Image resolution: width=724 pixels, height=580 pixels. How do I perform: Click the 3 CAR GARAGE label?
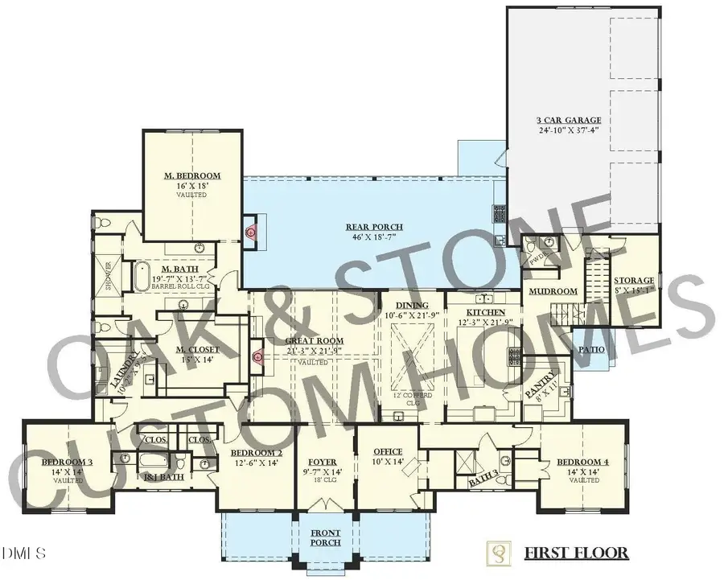click(x=576, y=121)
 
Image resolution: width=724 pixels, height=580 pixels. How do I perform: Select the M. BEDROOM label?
click(x=192, y=175)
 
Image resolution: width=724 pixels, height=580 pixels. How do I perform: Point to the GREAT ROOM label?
click(x=315, y=341)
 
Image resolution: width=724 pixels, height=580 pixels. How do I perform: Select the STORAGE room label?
click(x=636, y=281)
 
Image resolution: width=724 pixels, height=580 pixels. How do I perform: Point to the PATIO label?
click(x=590, y=350)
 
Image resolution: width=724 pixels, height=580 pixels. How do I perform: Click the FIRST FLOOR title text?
click(x=576, y=553)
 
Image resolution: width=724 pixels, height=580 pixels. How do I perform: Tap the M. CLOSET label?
click(x=195, y=349)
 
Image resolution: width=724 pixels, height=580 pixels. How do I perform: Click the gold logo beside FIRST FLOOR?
click(x=500, y=553)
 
